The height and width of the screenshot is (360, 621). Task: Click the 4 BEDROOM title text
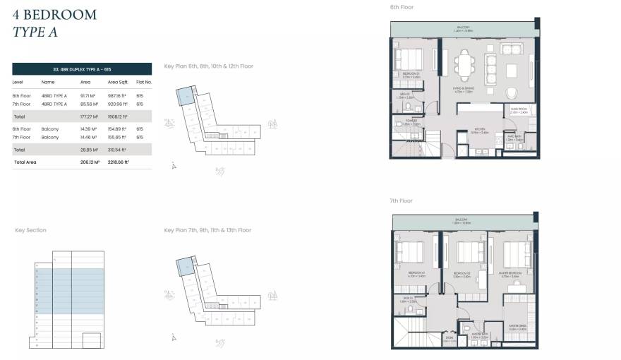[x=55, y=15]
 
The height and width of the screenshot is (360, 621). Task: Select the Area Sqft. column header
[x=117, y=83]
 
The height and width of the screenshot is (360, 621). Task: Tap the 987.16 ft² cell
[x=116, y=95]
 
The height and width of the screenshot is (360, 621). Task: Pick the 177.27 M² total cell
[x=89, y=116]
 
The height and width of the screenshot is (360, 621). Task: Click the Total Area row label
[x=25, y=162]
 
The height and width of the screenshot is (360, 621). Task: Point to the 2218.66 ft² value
[x=117, y=162]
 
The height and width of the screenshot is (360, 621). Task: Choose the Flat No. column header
[x=143, y=83]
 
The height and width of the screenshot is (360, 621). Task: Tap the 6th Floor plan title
[x=402, y=7]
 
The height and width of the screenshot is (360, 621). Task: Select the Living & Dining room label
[x=462, y=90]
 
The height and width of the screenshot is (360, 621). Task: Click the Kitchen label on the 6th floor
[x=480, y=131]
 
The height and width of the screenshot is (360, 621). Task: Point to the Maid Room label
[x=519, y=110]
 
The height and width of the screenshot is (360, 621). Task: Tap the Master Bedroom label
[x=510, y=273]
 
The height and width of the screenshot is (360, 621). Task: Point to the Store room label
[x=450, y=340]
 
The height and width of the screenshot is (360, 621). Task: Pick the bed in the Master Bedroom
[x=517, y=252]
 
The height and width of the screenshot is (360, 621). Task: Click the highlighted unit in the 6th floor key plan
[x=185, y=96]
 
